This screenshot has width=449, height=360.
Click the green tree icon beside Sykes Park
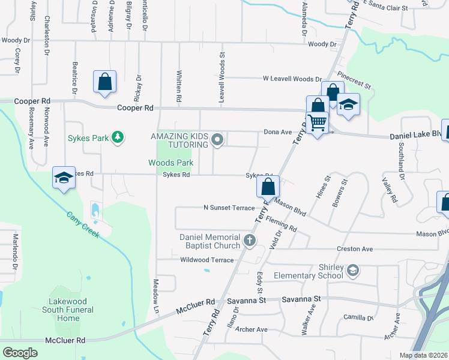(118, 138)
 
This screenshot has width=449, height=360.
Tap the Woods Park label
(171, 163)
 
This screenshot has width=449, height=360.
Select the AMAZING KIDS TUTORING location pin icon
(218, 140)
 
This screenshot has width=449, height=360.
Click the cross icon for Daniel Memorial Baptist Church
(250, 241)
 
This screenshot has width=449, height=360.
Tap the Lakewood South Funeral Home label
(68, 310)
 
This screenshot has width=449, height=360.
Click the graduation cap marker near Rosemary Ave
(64, 178)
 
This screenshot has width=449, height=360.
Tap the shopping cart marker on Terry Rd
(318, 122)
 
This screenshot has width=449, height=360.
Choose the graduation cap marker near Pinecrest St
(348, 104)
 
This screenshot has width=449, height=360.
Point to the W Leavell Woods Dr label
(292, 79)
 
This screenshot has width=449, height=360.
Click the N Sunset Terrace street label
(229, 208)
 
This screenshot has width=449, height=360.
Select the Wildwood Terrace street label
(206, 260)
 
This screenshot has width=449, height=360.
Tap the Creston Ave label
(354, 248)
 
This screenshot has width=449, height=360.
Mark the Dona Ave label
(277, 132)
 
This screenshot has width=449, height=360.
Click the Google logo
(20, 352)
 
